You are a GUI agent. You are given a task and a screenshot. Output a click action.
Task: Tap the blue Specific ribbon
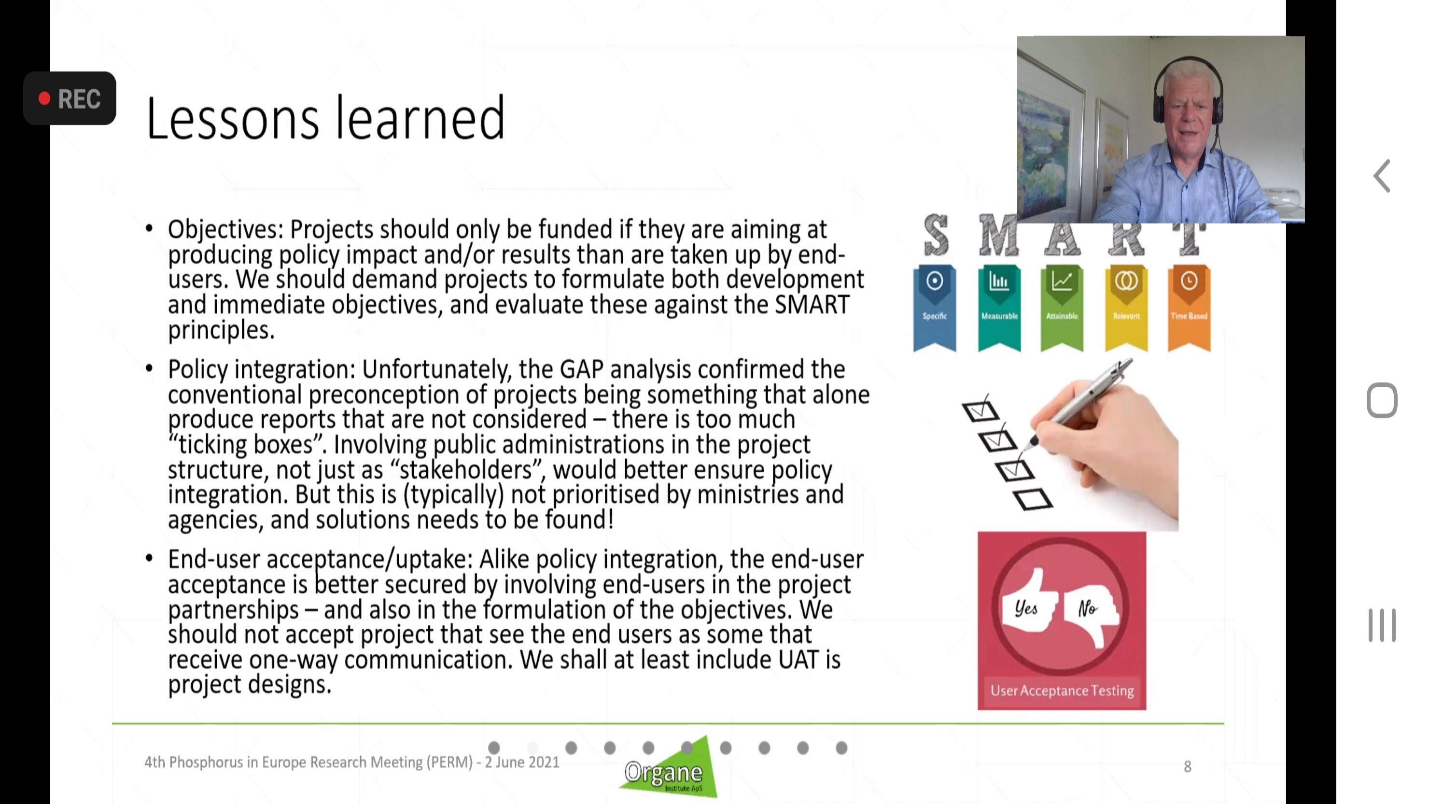click(x=935, y=308)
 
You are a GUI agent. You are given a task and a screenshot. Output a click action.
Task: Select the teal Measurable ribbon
click(x=999, y=308)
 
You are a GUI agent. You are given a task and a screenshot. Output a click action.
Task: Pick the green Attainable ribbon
click(x=1062, y=308)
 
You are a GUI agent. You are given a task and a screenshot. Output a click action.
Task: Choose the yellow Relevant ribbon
click(x=1126, y=308)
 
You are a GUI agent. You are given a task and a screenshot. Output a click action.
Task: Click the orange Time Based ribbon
click(x=1189, y=308)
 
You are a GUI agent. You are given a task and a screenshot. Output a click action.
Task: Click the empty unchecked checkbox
click(x=1033, y=499)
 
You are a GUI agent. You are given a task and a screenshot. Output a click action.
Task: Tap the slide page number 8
click(x=1187, y=767)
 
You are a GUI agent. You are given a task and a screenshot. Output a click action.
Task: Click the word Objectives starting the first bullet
click(x=226, y=230)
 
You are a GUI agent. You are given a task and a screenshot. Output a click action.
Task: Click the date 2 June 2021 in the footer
click(x=522, y=762)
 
